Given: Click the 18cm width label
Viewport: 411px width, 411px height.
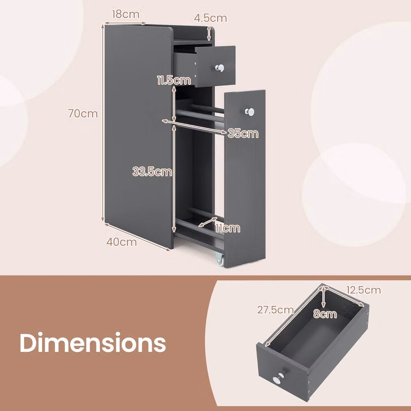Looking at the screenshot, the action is (x=125, y=14).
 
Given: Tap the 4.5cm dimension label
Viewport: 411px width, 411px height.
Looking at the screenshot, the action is (x=210, y=18).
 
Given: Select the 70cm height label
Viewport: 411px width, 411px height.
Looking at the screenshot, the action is (x=83, y=113).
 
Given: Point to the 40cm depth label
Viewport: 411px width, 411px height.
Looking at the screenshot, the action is (x=122, y=242).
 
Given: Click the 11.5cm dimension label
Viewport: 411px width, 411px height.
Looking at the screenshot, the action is (x=174, y=80).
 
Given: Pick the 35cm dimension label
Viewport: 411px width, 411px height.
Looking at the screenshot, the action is (x=243, y=134).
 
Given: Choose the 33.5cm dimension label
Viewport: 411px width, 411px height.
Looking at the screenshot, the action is (x=152, y=172).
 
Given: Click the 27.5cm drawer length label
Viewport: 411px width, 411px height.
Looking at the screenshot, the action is (x=275, y=310).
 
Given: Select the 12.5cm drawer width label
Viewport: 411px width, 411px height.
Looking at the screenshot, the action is (x=364, y=290).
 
